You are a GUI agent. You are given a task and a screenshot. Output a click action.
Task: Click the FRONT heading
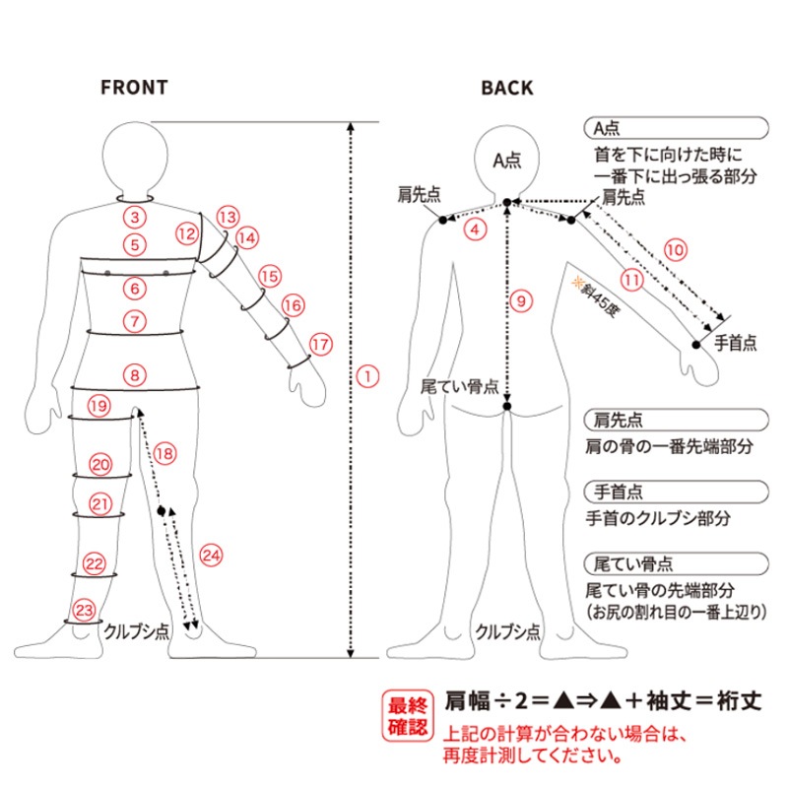tap(134, 88)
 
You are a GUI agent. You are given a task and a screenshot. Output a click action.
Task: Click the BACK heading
tap(507, 88)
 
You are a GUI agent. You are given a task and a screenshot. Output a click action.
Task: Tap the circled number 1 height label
tap(367, 376)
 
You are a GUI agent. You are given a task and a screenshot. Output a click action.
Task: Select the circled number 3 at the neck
tap(135, 217)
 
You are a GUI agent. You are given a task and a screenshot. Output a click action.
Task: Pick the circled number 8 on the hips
tap(135, 375)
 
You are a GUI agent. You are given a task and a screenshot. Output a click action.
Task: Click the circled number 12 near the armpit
tap(187, 233)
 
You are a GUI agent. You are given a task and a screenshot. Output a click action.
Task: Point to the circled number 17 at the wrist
tap(321, 344)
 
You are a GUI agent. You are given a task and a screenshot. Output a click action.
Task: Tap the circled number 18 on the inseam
tap(164, 454)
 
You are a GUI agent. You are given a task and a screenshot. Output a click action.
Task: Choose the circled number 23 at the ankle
tap(84, 611)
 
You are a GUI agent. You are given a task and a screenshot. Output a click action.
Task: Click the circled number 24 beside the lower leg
tap(211, 556)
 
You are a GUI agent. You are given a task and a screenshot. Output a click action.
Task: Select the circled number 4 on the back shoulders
tap(475, 230)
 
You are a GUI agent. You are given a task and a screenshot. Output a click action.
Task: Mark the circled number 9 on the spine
tap(521, 301)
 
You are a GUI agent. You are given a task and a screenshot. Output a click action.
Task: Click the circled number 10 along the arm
tap(676, 250)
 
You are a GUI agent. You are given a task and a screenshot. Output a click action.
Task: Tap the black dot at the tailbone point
tap(507, 406)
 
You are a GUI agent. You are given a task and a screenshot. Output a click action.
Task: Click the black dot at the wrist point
tap(696, 345)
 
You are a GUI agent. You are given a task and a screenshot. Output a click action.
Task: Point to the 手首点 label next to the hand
tap(735, 343)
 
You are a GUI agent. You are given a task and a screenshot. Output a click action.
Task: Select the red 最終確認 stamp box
tap(408, 716)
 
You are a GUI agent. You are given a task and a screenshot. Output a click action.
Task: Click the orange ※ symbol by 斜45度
tap(576, 283)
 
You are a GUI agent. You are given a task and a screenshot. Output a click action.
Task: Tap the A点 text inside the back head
tap(507, 161)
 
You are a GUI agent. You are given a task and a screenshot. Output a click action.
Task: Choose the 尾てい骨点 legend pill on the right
tap(676, 563)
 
